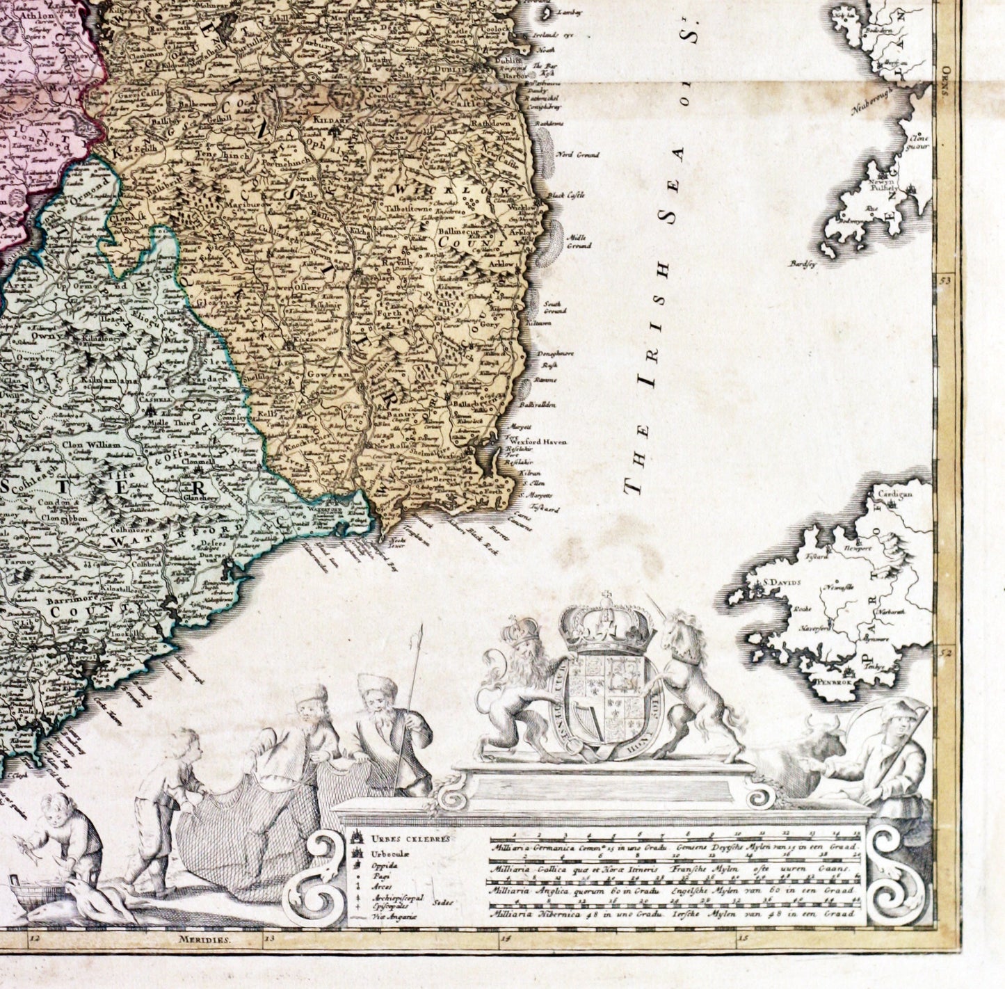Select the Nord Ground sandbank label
(x=577, y=155)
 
